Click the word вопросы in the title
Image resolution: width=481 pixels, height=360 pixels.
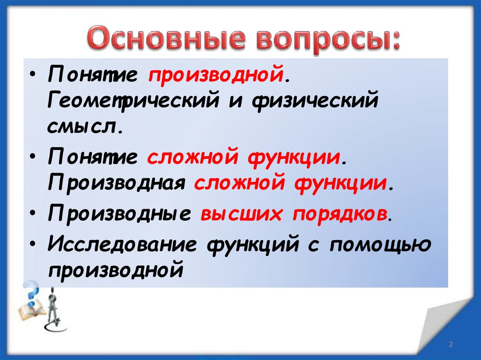(326, 40)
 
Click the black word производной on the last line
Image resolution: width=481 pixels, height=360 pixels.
(114, 270)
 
